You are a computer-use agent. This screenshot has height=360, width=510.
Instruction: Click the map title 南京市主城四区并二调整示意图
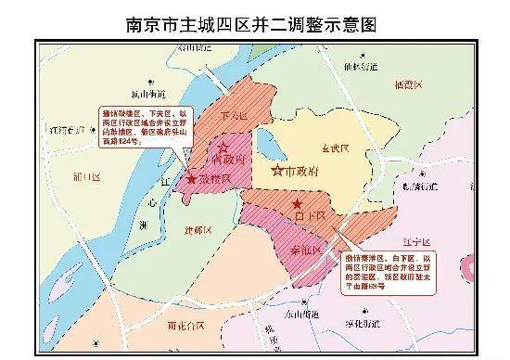pyautogui.click(x=254, y=20)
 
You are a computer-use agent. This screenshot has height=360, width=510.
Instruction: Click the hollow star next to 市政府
pyautogui.click(x=276, y=171)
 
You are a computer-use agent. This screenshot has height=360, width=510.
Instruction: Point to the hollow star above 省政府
pyautogui.click(x=223, y=146)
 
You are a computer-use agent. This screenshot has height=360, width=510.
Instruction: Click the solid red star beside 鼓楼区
pyautogui.click(x=191, y=178)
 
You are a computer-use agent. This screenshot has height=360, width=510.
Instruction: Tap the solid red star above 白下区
pyautogui.click(x=297, y=203)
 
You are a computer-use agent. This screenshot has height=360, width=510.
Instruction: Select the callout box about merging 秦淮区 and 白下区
pyautogui.click(x=387, y=269)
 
